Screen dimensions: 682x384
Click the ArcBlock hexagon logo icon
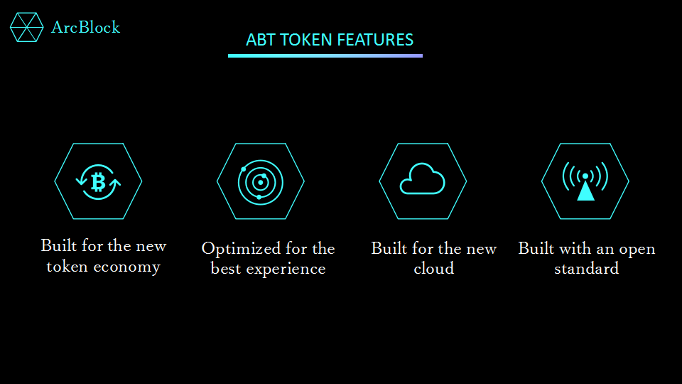click(x=26, y=27)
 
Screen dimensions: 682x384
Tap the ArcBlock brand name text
click(x=86, y=28)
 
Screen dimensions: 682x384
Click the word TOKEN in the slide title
click(x=305, y=40)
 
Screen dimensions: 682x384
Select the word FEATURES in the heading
click(x=375, y=40)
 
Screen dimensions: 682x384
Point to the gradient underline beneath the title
click(x=325, y=55)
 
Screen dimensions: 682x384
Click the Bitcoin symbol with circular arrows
click(x=98, y=182)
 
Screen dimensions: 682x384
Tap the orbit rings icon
click(x=261, y=183)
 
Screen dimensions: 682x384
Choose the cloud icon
click(x=422, y=178)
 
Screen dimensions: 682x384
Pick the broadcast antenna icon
click(x=585, y=181)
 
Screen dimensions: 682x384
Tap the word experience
click(x=286, y=270)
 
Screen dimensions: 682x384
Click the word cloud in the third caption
click(x=433, y=268)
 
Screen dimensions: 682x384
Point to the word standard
click(x=586, y=268)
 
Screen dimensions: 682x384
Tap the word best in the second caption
click(x=225, y=269)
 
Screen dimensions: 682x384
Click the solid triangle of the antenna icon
click(x=585, y=191)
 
